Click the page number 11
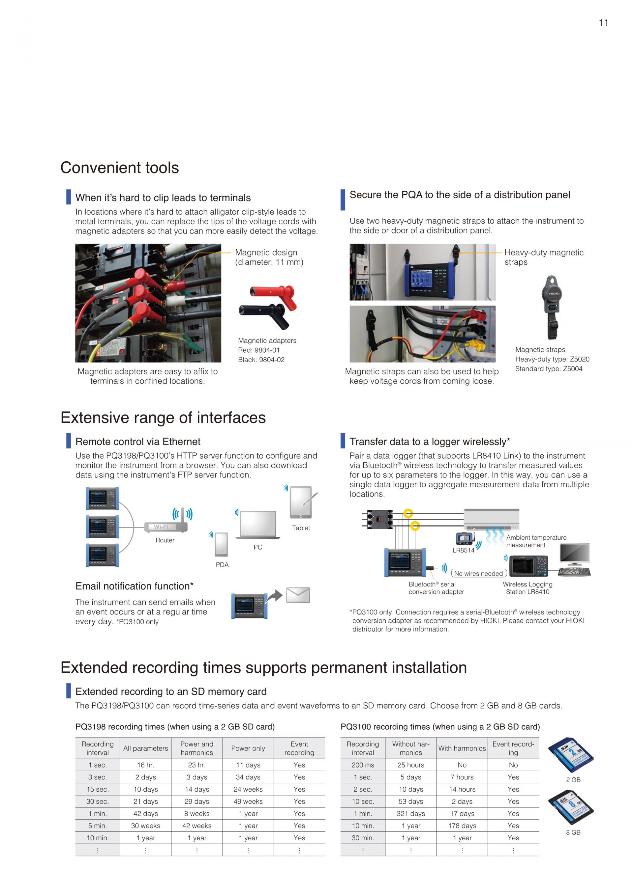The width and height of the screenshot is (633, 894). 603,23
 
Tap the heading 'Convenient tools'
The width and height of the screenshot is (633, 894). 119,168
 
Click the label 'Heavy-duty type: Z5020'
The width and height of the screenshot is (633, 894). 552,359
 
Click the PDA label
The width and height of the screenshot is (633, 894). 222,565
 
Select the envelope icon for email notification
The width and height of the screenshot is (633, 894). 298,595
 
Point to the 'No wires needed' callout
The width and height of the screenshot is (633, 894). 478,573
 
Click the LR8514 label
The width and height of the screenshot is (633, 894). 464,550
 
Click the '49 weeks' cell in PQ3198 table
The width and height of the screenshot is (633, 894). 248,801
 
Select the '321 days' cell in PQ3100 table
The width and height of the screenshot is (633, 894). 411,813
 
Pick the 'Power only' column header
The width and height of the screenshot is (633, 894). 248,748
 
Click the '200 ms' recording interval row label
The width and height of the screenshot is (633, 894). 363,765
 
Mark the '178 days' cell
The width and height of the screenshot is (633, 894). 462,826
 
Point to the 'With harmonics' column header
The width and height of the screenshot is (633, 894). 462,748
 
